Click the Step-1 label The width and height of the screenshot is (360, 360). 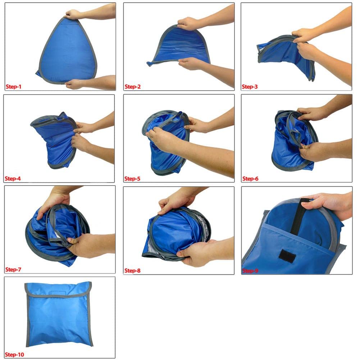pyautogui.click(x=13, y=87)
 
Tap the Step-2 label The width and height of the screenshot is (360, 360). pyautogui.click(x=132, y=87)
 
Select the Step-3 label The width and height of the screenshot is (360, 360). pyautogui.click(x=250, y=87)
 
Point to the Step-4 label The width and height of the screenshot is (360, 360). pyautogui.click(x=13, y=179)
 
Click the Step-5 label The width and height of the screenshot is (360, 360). pyautogui.click(x=132, y=179)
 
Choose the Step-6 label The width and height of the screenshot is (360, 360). pyautogui.click(x=250, y=179)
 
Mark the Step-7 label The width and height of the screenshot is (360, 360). pyautogui.click(x=13, y=269)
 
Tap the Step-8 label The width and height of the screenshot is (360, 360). pyautogui.click(x=132, y=271)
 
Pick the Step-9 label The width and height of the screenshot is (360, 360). pyautogui.click(x=250, y=271)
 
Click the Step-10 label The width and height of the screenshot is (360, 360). pyautogui.click(x=14, y=355)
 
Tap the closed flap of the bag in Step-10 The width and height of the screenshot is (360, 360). pyautogui.click(x=58, y=290)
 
